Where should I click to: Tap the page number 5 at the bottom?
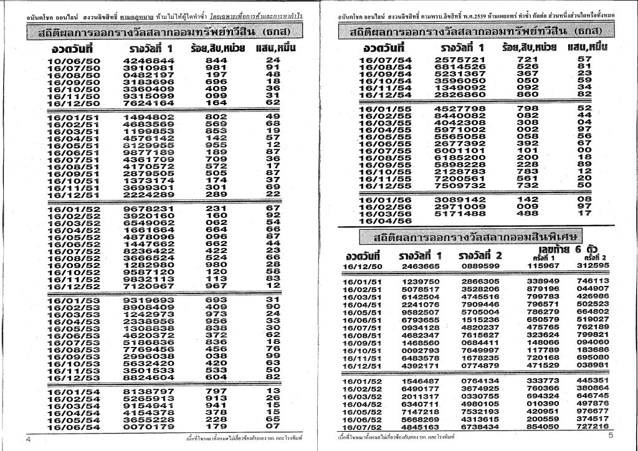(x=611, y=435)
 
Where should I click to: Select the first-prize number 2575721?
(x=459, y=59)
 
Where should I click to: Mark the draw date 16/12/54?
(x=386, y=94)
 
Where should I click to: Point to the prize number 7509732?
(x=459, y=185)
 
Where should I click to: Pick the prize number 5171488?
(x=459, y=213)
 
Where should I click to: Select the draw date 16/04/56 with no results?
(x=386, y=221)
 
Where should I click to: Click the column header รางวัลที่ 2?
(x=480, y=255)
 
